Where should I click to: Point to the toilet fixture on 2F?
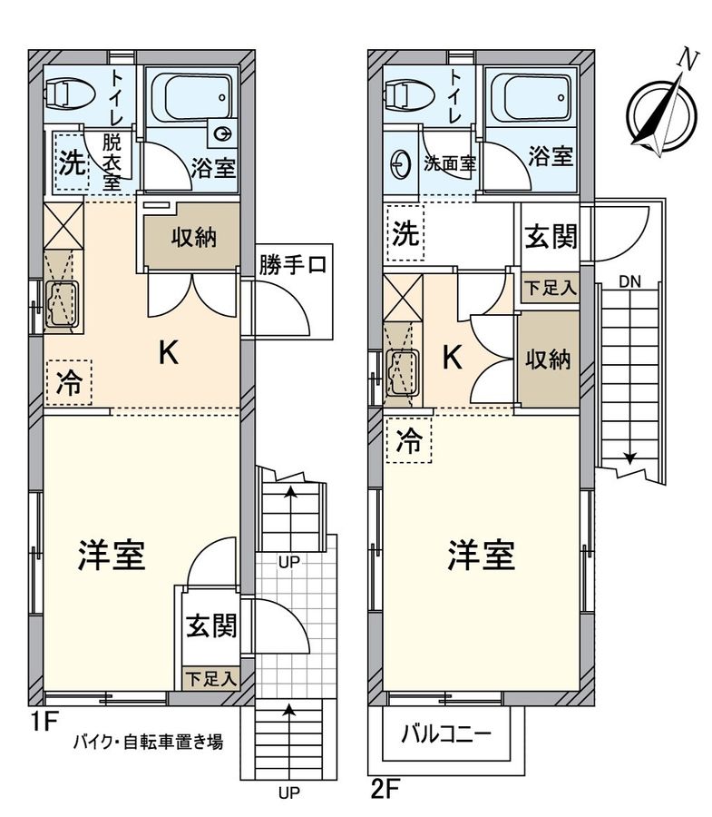coord(406,93)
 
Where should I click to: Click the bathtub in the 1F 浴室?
coord(190,93)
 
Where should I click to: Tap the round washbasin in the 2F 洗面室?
coord(399,164)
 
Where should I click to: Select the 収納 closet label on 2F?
coord(548,359)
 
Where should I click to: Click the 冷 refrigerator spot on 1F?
coord(69,382)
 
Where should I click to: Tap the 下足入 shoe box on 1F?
coord(210,677)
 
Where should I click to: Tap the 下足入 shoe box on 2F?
coord(550,288)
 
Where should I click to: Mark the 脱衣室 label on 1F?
coord(112,160)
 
